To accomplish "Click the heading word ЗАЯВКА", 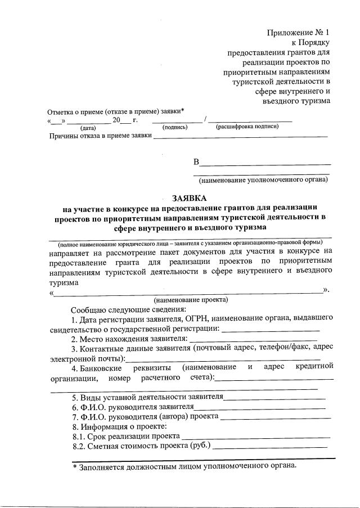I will click(189, 197).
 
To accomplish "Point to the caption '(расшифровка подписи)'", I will click(247, 127).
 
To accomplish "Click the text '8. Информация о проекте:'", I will click(109, 426).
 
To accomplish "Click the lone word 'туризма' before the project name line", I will click(64, 283).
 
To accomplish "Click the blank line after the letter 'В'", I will click(265, 165).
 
